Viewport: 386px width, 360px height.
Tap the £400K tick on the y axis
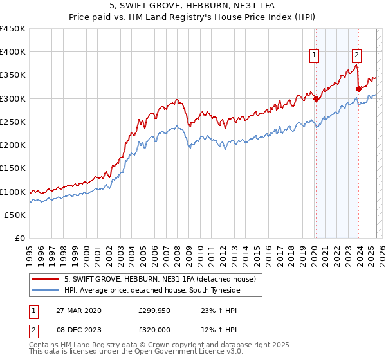point(13,52)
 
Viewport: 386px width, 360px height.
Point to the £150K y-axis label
point(13,168)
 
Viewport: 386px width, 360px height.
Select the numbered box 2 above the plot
point(356,56)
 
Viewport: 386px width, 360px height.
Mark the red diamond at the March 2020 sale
point(316,98)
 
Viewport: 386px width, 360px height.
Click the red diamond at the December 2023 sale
point(358,89)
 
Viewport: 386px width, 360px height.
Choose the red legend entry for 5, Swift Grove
point(160,279)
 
